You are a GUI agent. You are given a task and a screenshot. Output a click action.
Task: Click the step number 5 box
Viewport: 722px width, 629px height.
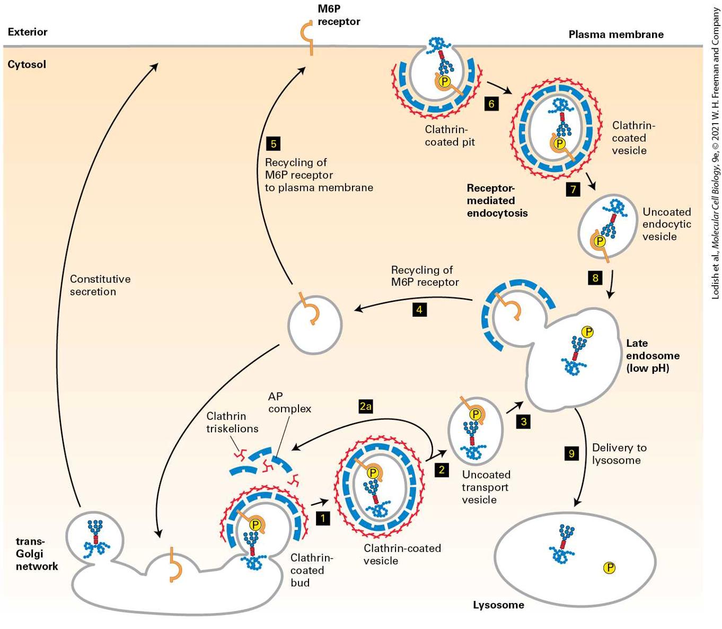[x=274, y=144]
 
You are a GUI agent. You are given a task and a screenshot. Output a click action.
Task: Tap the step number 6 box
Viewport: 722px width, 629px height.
[x=491, y=104]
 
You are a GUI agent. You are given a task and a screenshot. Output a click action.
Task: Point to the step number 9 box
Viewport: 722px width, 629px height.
[x=571, y=453]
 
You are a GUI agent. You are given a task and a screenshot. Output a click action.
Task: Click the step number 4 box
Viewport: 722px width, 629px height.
[x=419, y=310]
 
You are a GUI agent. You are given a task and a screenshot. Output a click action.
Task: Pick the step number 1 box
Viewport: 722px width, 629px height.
[x=323, y=519]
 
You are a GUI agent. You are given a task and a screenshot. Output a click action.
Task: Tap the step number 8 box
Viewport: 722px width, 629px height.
[x=595, y=278]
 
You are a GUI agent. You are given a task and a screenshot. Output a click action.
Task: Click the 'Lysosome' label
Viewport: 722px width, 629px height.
[x=498, y=605]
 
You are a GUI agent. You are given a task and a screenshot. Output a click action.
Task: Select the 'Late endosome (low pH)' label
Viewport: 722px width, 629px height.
[x=653, y=355]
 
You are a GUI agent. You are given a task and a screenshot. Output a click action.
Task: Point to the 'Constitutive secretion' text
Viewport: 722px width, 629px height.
[x=100, y=285]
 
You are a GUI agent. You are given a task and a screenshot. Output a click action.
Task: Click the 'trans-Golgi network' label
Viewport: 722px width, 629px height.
[x=37, y=554]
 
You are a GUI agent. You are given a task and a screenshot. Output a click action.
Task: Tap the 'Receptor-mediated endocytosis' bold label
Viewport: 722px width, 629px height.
[x=497, y=200]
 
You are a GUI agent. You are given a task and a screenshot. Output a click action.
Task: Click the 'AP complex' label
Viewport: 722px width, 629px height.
[x=289, y=403]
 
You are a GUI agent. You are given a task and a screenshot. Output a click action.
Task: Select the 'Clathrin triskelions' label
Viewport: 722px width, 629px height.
[x=232, y=422]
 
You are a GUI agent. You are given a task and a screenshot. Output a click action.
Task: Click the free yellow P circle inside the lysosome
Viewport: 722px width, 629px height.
[x=610, y=567]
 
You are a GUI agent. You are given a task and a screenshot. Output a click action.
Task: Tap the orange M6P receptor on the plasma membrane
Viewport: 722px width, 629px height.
[x=308, y=38]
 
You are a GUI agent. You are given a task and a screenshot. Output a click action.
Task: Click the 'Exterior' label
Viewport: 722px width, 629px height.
[x=28, y=32]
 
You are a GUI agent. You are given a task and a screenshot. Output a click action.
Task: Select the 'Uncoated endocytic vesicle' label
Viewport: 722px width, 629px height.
[x=666, y=224]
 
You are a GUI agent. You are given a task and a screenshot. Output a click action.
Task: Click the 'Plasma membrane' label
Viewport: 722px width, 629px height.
[x=616, y=34]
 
